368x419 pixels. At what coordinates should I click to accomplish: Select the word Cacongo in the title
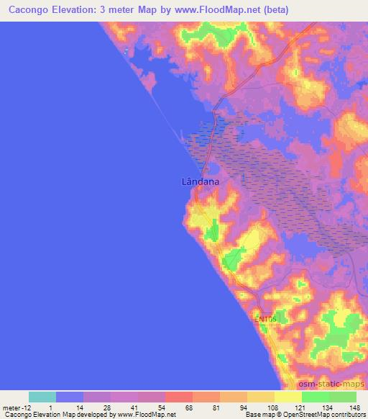tap(32, 9)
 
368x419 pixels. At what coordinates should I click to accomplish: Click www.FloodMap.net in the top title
tap(218, 9)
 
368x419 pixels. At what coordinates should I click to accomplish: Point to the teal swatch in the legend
tap(42, 397)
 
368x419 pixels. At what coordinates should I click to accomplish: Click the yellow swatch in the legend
tap(288, 397)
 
